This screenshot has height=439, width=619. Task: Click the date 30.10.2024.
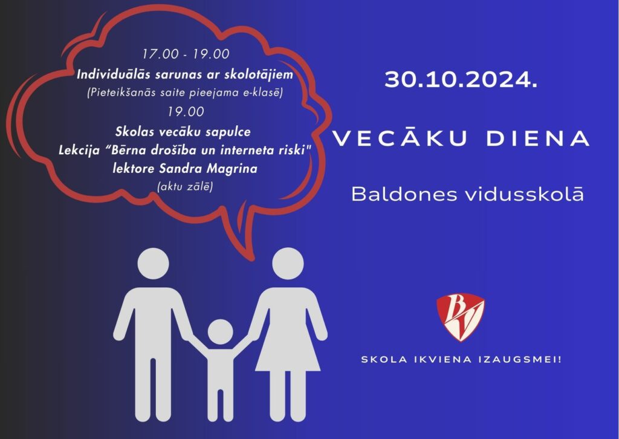tap(461, 80)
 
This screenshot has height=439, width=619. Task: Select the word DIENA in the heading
tap(538, 138)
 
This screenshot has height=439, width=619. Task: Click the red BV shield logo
tap(460, 317)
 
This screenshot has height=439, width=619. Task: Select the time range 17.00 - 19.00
tap(186, 54)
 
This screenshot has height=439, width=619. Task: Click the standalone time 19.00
tap(186, 112)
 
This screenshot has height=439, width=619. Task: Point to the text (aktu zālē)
tap(185, 186)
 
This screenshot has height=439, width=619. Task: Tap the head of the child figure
tap(220, 331)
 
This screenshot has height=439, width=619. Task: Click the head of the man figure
tap(153, 264)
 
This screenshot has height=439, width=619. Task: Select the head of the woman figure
tap(288, 264)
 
